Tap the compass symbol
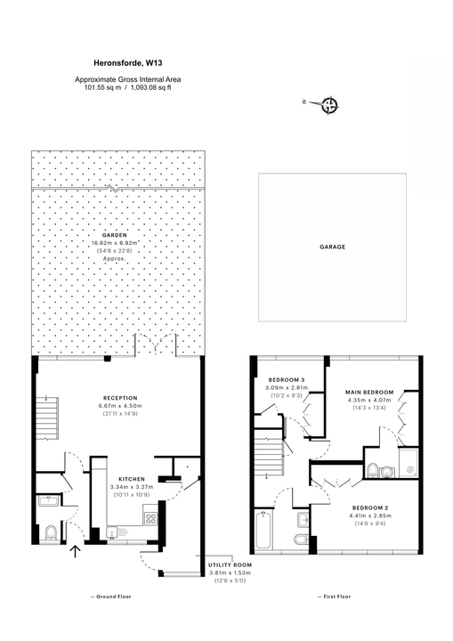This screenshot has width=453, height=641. click(331, 107)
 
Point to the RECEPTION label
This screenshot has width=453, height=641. click(118, 398)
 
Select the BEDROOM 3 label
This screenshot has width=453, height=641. click(286, 380)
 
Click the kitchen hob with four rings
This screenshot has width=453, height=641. click(150, 518)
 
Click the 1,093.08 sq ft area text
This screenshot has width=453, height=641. click(159, 87)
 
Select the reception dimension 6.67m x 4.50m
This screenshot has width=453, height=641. click(118, 406)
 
